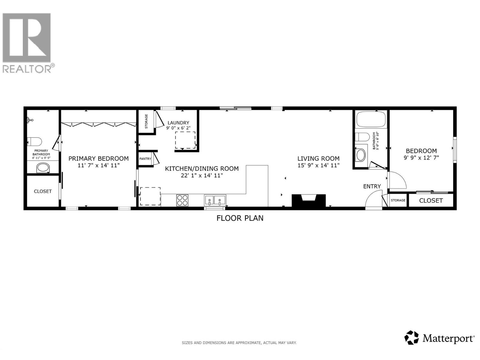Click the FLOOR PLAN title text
coord(240,218)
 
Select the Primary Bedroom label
coord(98,158)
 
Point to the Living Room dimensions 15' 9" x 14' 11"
coord(318,165)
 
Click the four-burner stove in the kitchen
coord(182,200)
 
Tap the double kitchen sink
coord(215,200)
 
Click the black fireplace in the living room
coord(309,200)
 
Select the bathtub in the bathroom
coord(371,119)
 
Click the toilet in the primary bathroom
coord(34,141)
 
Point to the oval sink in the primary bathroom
coord(43,168)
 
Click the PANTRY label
coord(145,159)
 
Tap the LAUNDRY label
coord(178,123)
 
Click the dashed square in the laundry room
coord(185,140)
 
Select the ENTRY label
coord(372,186)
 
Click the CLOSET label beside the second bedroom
coord(430,201)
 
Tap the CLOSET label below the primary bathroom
coord(43,191)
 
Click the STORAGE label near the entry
coord(398,200)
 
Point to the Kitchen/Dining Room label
coord(202,169)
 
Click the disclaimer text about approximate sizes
coord(239,343)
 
